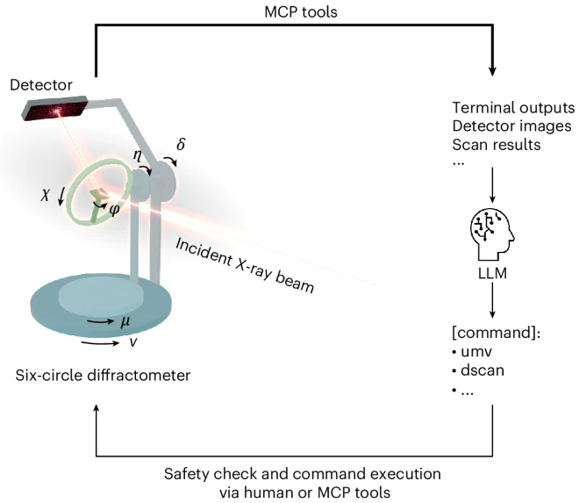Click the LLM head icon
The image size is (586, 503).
pos(492,234)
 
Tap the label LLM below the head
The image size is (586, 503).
pos(492,273)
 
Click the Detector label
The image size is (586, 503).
pos(41,85)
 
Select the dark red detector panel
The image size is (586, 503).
pos(55,109)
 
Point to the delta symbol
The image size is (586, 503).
pos(181,144)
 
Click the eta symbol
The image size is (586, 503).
pos(138,154)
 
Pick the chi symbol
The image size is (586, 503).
pos(46,195)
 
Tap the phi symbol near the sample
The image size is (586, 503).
pos(114,210)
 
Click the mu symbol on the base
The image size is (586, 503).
pos(125,321)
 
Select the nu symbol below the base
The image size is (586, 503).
pos(133,341)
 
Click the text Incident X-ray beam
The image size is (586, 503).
pos(245,265)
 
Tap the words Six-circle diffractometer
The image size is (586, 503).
pos(103,375)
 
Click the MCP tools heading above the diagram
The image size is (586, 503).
pos(301,12)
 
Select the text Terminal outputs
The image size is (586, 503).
pos(513,108)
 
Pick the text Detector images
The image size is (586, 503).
pos(511,126)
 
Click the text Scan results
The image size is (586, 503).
pos(497,145)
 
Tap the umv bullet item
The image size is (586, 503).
pos(472,352)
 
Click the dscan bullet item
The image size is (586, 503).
pos(478,370)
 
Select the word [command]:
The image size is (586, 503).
pos(496,333)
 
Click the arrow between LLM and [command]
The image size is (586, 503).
pos(492,300)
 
